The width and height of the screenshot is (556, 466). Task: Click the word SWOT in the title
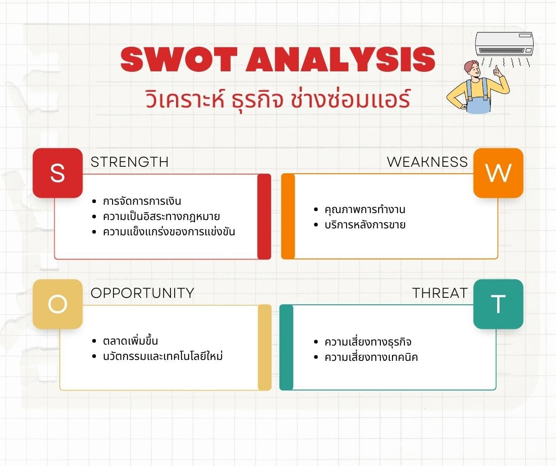pyautogui.click(x=179, y=59)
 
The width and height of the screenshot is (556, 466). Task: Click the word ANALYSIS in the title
pyautogui.click(x=340, y=59)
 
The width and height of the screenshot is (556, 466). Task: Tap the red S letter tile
pyautogui.click(x=57, y=173)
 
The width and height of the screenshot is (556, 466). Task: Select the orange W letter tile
pyautogui.click(x=498, y=173)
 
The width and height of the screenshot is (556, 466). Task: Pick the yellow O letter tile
pyautogui.click(x=57, y=304)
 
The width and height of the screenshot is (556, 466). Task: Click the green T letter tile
pyautogui.click(x=498, y=304)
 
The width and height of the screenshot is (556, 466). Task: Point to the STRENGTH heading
pyautogui.click(x=129, y=162)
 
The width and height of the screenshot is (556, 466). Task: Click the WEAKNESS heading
pyautogui.click(x=427, y=162)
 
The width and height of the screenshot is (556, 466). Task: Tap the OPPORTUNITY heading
pyautogui.click(x=142, y=293)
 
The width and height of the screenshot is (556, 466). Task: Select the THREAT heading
pyautogui.click(x=440, y=293)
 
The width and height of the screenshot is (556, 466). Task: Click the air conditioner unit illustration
pyautogui.click(x=505, y=44)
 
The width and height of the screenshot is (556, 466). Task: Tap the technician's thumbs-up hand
pyautogui.click(x=497, y=71)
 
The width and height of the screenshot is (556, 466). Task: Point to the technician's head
pyautogui.click(x=472, y=70)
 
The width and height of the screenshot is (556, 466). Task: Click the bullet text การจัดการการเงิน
pyautogui.click(x=142, y=201)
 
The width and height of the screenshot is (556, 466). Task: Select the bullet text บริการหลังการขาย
pyautogui.click(x=365, y=225)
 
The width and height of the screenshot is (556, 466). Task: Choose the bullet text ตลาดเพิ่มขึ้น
pyautogui.click(x=131, y=341)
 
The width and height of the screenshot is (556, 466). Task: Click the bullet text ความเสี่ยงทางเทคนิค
pyautogui.click(x=371, y=357)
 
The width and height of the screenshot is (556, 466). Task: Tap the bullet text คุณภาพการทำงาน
pyautogui.click(x=365, y=209)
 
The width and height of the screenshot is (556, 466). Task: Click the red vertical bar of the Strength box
pyautogui.click(x=264, y=216)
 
